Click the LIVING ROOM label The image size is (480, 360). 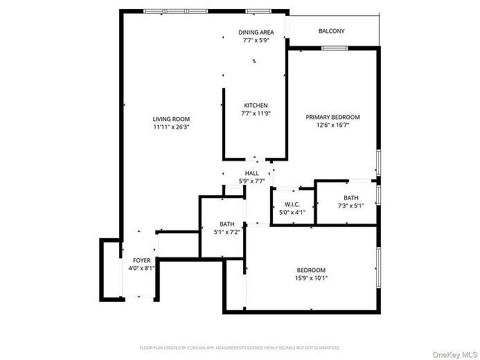click(x=171, y=119)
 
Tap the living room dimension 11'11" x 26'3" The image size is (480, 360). click(x=171, y=127)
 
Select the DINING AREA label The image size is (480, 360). click(x=256, y=33)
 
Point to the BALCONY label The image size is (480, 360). click(x=331, y=31)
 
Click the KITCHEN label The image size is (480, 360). click(x=255, y=106)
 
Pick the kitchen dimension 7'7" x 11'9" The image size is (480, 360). click(x=255, y=114)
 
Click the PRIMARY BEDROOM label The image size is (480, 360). click(x=332, y=118)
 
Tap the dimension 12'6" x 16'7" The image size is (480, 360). click(x=332, y=125)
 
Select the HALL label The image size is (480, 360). click(x=251, y=173)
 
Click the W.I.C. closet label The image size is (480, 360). click(x=291, y=205)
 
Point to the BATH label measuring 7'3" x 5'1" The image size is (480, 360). click(x=350, y=198)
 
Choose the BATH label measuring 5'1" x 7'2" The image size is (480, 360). click(x=226, y=224)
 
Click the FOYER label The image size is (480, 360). click(x=141, y=260)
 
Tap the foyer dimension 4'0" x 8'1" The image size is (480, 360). click(x=141, y=268)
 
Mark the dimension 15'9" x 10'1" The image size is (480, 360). click(x=312, y=278)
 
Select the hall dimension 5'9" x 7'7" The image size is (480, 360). click(x=251, y=181)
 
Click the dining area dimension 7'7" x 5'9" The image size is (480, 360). click(x=256, y=41)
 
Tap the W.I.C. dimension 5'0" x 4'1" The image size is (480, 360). click(x=291, y=213)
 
